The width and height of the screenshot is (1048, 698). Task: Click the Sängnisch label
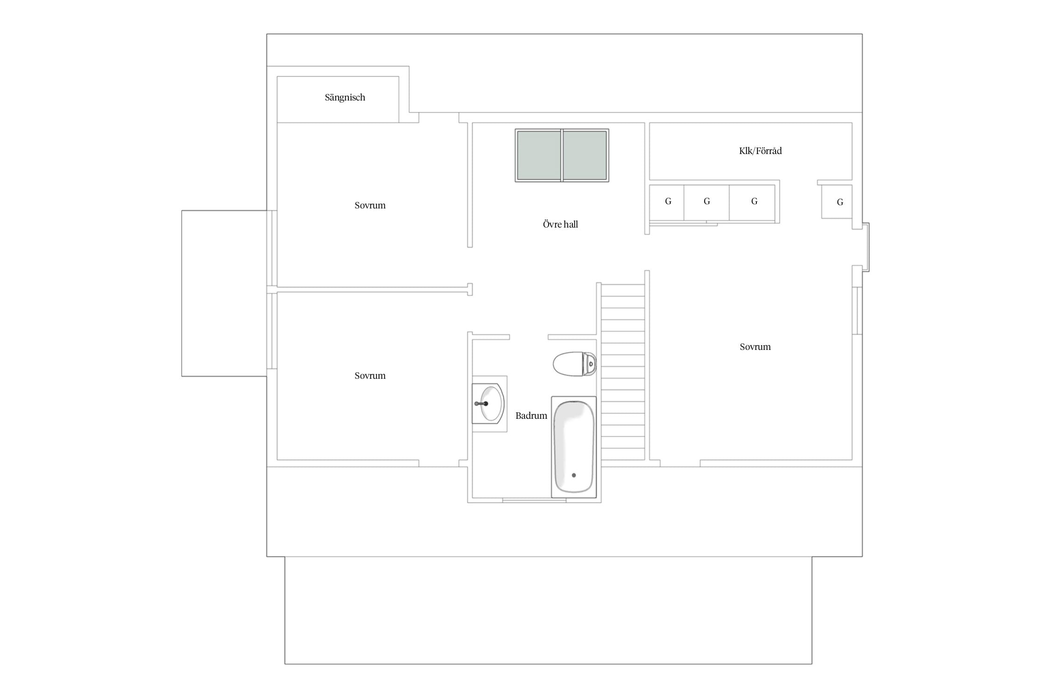[x=345, y=98]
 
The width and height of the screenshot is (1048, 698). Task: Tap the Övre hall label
[x=560, y=224]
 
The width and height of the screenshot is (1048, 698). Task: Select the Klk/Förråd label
[x=760, y=151]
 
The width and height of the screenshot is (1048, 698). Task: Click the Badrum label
[x=531, y=416]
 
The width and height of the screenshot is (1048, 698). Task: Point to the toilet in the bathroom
[x=574, y=364]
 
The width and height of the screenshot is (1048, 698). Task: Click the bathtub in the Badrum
[x=574, y=447]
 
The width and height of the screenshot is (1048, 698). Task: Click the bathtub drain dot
[x=574, y=475]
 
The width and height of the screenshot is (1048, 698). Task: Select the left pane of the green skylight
[x=539, y=155]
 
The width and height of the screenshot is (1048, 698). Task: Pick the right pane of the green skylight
[x=585, y=155]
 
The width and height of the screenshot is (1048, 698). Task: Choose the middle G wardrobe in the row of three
[x=707, y=202]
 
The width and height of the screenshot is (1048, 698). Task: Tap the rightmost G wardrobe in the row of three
[x=752, y=202]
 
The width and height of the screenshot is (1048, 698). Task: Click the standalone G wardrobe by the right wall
[x=837, y=201]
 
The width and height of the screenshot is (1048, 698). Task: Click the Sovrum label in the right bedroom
[x=755, y=347]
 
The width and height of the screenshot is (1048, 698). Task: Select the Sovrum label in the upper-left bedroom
[x=370, y=205]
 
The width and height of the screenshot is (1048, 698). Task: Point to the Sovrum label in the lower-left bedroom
[x=370, y=376]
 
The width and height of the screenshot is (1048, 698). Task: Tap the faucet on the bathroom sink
[x=481, y=403]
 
